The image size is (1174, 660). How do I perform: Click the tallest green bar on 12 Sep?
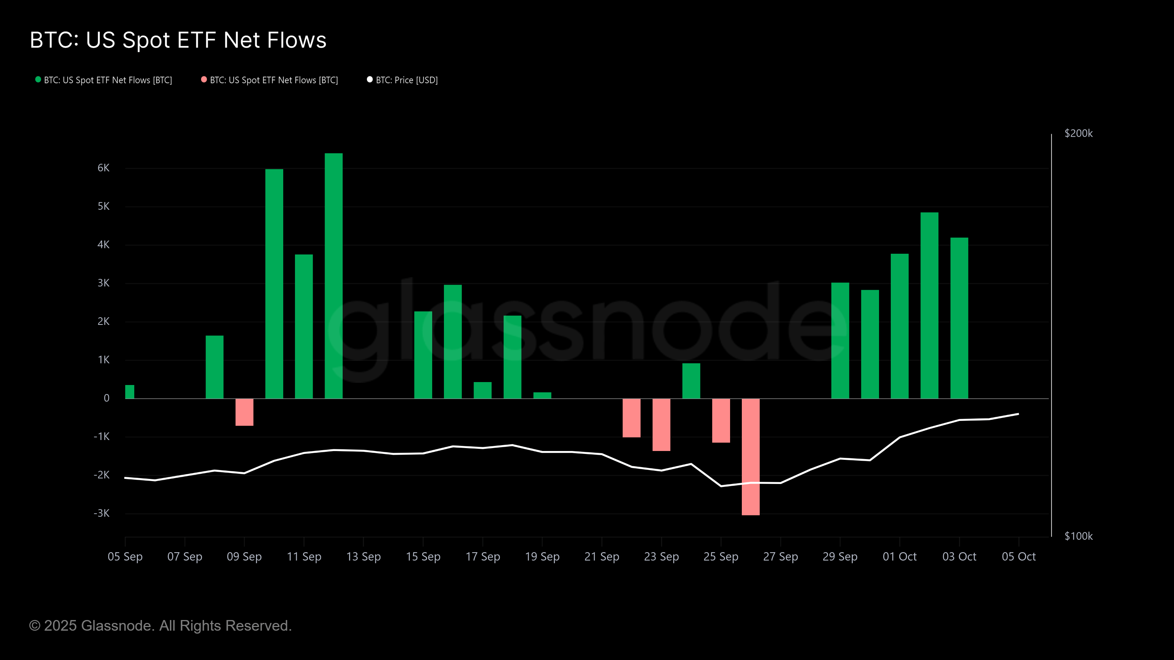point(333,276)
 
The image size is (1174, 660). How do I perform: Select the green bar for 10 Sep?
point(274,284)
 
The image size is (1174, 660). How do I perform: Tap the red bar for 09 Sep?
point(244,412)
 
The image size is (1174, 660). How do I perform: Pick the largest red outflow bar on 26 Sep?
point(751,457)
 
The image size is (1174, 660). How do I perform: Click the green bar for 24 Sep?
point(691,381)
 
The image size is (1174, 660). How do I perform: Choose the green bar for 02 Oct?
point(929,305)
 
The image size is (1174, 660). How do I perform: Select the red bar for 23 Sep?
point(661,425)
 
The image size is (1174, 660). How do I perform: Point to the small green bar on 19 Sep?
point(542,395)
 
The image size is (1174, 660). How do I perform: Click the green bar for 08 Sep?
point(215,367)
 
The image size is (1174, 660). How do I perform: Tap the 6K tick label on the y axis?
point(103,168)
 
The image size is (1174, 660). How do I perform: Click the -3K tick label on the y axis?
point(102,513)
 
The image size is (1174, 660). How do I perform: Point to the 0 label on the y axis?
point(107,398)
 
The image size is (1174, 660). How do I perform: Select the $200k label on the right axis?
point(1078,133)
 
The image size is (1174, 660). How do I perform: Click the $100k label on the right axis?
point(1078,536)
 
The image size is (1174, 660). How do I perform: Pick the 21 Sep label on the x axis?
point(602,557)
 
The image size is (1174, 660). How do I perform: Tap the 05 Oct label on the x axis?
point(1018,557)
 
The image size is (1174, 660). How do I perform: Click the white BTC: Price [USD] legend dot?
point(369,80)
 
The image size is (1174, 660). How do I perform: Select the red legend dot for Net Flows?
point(204,80)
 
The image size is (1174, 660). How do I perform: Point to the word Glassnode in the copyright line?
point(117,626)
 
